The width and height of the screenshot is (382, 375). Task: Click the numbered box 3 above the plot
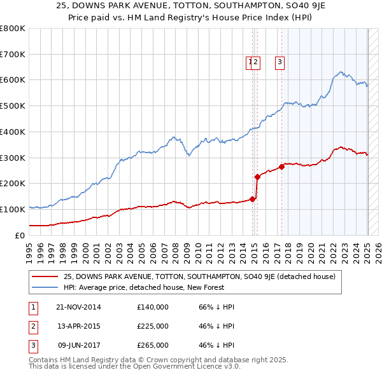click(280, 62)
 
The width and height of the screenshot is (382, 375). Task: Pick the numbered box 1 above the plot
click(250, 62)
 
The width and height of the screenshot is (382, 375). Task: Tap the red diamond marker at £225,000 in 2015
click(257, 177)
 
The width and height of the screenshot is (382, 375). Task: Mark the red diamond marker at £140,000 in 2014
click(253, 199)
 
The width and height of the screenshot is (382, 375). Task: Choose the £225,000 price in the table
click(153, 326)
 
